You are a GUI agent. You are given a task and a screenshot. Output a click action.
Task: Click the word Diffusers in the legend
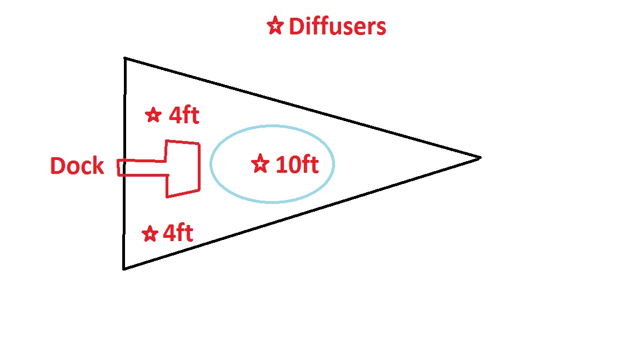337,27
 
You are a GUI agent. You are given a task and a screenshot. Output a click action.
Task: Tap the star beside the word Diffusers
275,26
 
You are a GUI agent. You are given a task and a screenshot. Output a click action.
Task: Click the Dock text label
77,166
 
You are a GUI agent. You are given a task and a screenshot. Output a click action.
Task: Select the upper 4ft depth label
184,115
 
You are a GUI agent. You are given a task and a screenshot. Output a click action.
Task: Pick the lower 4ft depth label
178,233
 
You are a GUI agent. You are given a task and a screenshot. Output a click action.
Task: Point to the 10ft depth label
297,164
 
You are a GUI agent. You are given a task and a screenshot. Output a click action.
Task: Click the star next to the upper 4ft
153,115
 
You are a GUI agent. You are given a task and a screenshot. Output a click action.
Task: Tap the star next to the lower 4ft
150,234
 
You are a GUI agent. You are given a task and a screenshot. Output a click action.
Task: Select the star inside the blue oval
261,164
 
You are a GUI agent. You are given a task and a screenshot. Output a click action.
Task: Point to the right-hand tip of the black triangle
481,157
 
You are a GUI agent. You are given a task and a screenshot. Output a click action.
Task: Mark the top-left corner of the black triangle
125,58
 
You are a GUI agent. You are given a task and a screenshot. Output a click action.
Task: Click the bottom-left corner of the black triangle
124,268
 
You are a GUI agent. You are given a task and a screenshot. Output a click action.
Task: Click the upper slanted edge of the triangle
303,108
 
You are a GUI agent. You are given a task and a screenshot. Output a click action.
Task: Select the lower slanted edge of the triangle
302,213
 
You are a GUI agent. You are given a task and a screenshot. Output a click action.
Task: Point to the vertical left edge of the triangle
124,163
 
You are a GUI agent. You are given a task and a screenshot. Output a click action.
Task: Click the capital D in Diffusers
296,27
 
